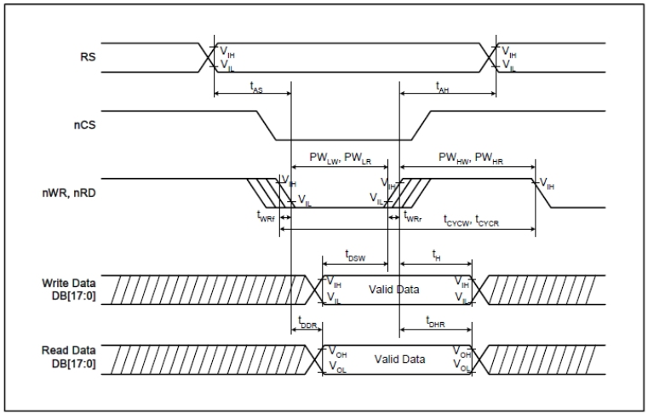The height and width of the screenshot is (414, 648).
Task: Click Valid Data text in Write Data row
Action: click(x=393, y=290)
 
